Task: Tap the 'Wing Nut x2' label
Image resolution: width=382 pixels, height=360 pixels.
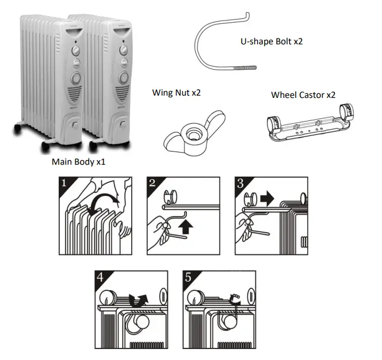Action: pyautogui.click(x=176, y=92)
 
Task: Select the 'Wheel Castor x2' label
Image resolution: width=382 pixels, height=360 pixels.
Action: pyautogui.click(x=303, y=94)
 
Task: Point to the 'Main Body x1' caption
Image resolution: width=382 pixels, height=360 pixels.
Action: pyautogui.click(x=78, y=162)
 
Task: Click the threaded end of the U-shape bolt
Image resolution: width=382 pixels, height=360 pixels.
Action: pyautogui.click(x=245, y=69)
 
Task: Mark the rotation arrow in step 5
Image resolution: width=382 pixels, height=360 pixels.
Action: pyautogui.click(x=235, y=298)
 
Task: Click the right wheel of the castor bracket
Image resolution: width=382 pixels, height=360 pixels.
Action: pyautogui.click(x=346, y=112)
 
